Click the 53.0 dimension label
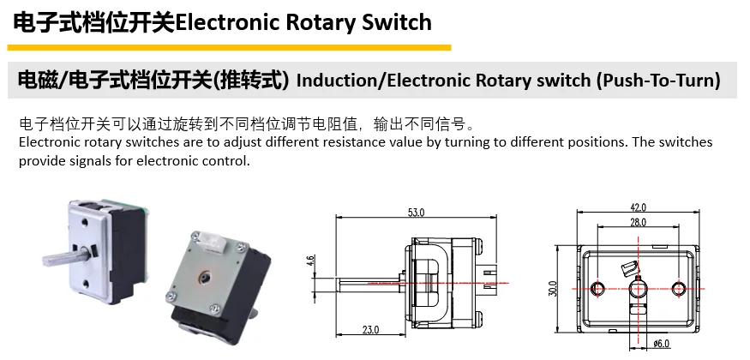(x=415, y=212)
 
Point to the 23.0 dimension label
(x=370, y=329)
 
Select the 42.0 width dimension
(x=638, y=207)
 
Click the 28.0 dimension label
(x=638, y=223)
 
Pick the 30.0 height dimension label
(x=553, y=289)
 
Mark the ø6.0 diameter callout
(x=661, y=344)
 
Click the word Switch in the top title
(x=391, y=21)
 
